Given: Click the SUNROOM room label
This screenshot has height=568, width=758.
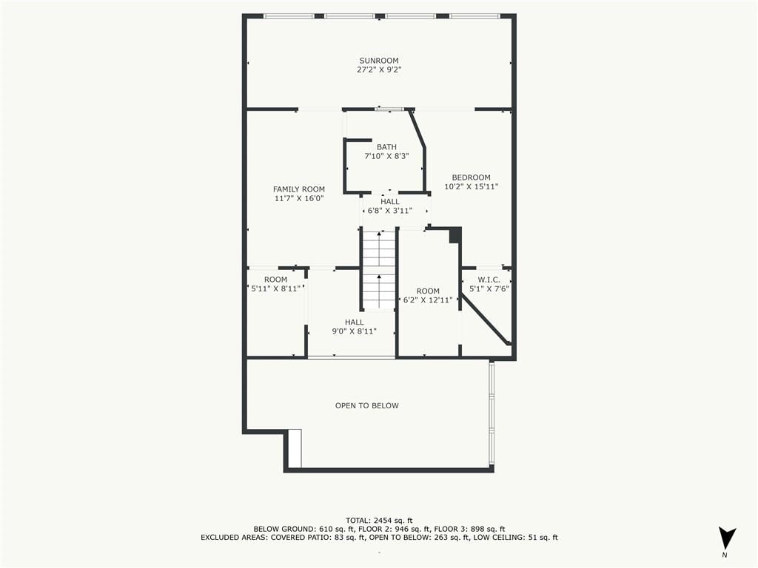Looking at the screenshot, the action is (379, 61).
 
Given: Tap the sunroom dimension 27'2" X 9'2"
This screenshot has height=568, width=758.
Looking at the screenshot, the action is (379, 70).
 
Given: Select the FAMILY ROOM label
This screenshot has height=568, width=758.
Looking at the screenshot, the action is (299, 189).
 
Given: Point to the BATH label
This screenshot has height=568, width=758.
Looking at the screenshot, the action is (386, 147).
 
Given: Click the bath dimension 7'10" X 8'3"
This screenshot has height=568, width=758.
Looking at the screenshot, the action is (386, 156).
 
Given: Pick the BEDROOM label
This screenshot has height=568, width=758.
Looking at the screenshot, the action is (472, 177).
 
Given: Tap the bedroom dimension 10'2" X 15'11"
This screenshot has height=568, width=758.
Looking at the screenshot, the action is (472, 186).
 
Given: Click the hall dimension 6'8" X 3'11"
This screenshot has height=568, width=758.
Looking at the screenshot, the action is (390, 211).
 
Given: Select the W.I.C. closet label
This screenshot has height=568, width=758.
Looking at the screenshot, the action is (489, 280).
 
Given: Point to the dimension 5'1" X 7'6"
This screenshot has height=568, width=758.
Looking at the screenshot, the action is (489, 289).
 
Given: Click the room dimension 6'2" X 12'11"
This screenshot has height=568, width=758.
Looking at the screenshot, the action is (429, 300).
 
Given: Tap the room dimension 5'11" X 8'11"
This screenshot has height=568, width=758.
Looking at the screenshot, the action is (275, 289).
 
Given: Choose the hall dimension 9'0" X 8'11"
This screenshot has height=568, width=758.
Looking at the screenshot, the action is (355, 331).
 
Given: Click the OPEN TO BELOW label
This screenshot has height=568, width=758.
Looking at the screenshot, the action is (367, 406).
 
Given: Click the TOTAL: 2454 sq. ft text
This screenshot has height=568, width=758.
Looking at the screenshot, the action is (379, 520).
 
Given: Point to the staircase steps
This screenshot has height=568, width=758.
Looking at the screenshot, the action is (379, 271).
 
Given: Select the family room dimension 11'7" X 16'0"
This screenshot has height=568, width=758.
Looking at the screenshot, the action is (299, 198).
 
